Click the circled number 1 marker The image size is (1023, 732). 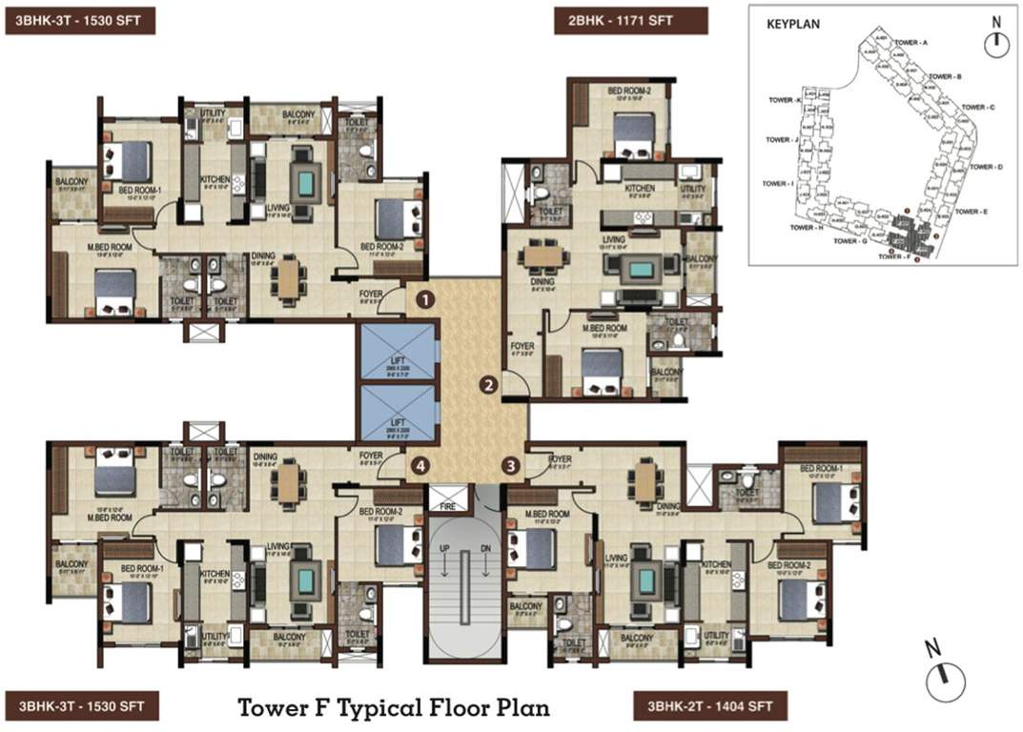pyautogui.click(x=422, y=301)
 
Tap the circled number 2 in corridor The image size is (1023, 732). pyautogui.click(x=488, y=386)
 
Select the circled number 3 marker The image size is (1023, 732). pyautogui.click(x=512, y=466)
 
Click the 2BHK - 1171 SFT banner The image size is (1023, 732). pyautogui.click(x=630, y=20)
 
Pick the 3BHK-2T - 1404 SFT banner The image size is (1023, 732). pyautogui.click(x=709, y=706)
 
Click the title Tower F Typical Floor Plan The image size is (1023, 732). pyautogui.click(x=394, y=708)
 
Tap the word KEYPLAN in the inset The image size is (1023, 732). pyautogui.click(x=793, y=27)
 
